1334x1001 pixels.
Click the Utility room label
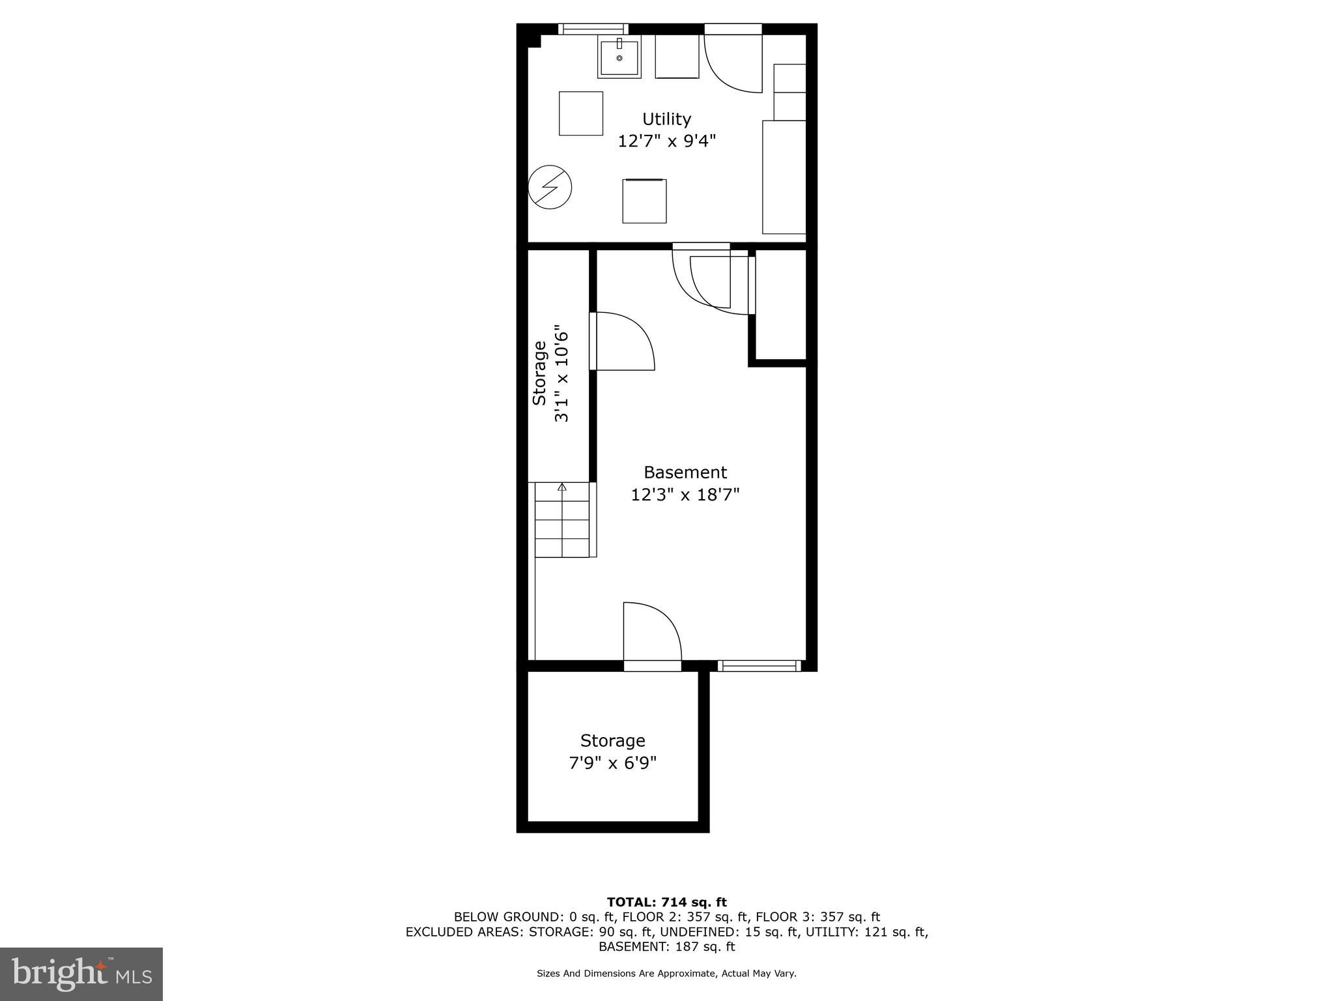pos(666,119)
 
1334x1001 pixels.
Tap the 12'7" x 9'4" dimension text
pos(666,141)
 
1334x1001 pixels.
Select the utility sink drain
pos(619,59)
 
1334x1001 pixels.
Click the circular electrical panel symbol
pos(550,187)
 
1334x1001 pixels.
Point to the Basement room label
pos(685,472)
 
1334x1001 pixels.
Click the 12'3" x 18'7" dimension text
pos(685,495)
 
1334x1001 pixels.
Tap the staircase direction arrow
pos(562,487)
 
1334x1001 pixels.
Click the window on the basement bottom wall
pos(759,665)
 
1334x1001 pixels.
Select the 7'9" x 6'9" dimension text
pos(612,763)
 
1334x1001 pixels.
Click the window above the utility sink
pos(593,29)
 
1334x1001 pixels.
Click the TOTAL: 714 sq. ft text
pos(666,903)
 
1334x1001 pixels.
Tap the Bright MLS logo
pos(81,974)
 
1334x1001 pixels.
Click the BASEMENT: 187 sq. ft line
pos(666,947)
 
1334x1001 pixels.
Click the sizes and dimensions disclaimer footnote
pos(666,974)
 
